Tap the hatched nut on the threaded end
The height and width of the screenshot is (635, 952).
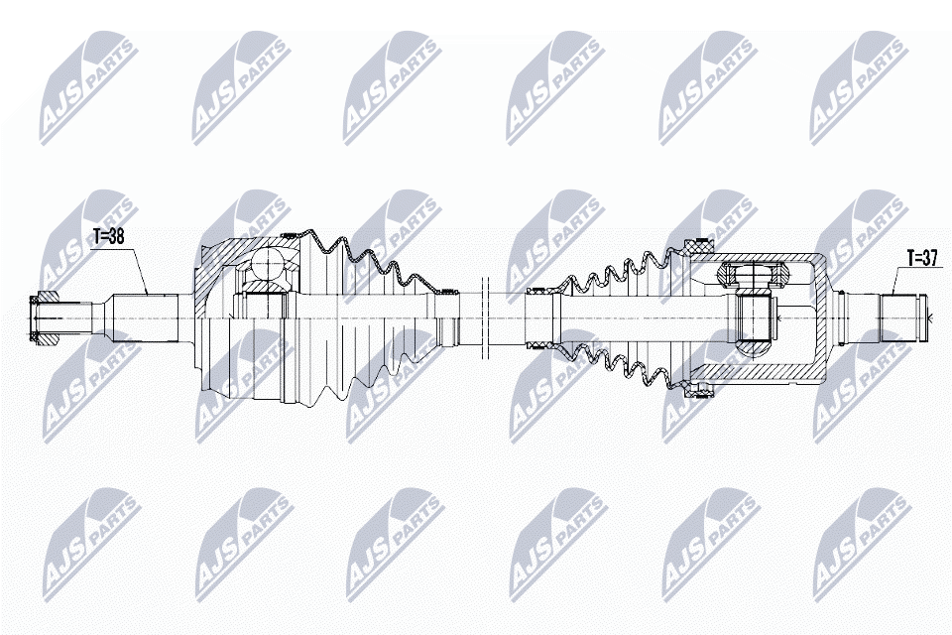click(44, 319)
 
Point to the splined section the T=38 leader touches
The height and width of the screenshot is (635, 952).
click(146, 319)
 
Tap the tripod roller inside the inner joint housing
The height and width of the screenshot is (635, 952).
click(752, 275)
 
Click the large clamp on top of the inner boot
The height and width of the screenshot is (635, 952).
click(698, 247)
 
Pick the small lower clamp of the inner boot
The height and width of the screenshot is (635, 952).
click(539, 345)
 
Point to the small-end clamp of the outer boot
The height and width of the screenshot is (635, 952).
click(450, 292)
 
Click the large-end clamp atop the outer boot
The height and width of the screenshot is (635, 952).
click(291, 235)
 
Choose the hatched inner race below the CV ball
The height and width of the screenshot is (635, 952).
click(267, 287)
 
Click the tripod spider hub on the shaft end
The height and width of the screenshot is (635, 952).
click(753, 319)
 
